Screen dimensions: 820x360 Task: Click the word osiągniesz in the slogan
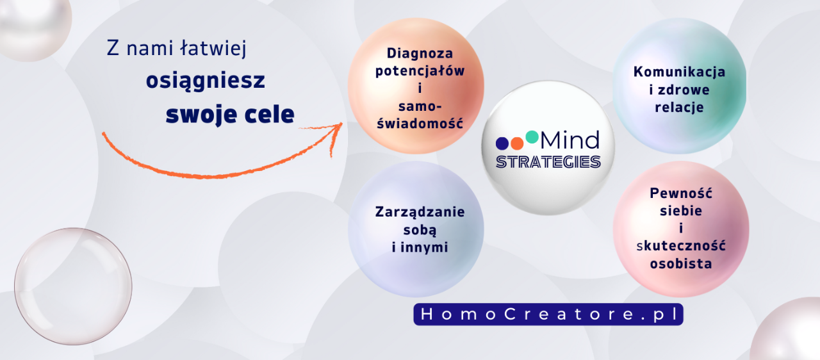coord(206,81)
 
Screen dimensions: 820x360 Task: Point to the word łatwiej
coord(213,48)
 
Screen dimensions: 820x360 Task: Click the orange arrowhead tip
coord(342,123)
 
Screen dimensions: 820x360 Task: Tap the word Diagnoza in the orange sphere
coord(420,53)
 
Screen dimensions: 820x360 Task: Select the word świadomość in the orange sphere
coord(420,123)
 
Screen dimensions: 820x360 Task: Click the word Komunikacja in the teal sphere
coord(680,72)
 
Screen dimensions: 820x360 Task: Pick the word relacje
coord(680,108)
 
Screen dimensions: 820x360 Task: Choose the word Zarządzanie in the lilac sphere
coord(420,212)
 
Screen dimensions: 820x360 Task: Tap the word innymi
coord(424,247)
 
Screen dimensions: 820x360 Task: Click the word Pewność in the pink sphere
coord(681,193)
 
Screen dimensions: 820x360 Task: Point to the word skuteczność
coord(681,246)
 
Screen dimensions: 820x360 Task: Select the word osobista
coord(681,263)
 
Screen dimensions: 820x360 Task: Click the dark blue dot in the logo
coord(502,143)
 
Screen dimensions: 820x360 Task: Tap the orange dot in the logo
coord(517,143)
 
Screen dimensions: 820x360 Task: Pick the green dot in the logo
coord(532,137)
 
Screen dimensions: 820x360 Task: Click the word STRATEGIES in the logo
coord(548,162)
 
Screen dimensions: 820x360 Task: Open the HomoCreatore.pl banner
coord(548,315)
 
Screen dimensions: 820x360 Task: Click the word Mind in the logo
coord(570,140)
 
